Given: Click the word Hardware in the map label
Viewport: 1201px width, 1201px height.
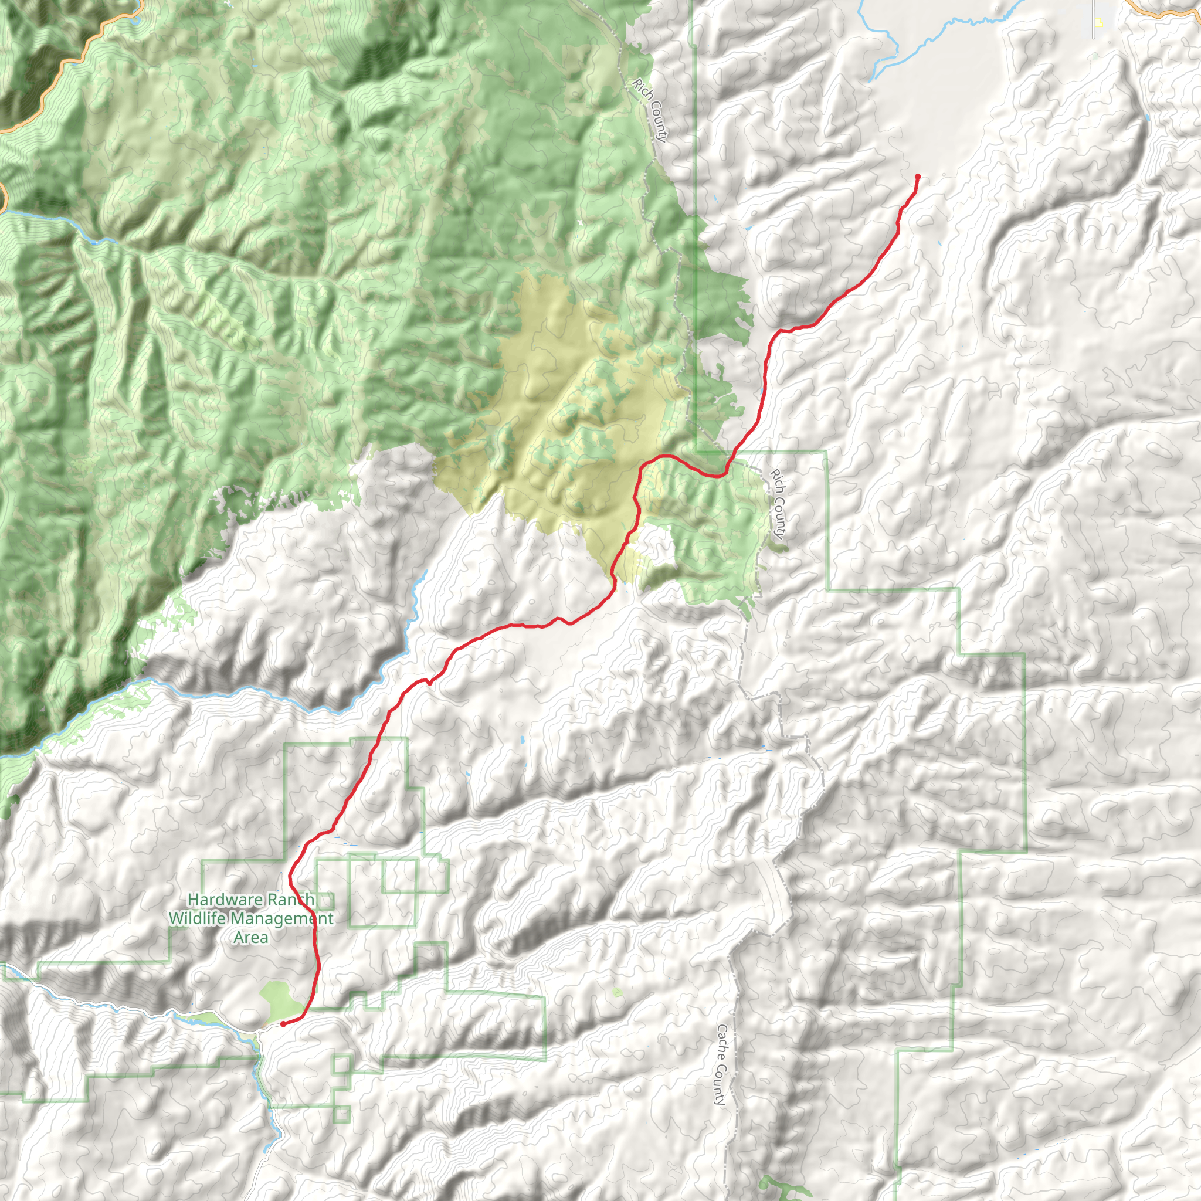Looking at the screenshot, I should pyautogui.click(x=218, y=900).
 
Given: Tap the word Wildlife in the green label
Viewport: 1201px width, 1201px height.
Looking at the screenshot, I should pyautogui.click(x=198, y=918).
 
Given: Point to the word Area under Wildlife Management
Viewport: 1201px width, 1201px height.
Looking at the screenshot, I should pyautogui.click(x=250, y=938).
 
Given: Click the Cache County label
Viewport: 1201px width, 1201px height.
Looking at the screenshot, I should pyautogui.click(x=721, y=1065).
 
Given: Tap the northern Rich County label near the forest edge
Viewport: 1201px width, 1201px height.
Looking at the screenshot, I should pyautogui.click(x=650, y=110).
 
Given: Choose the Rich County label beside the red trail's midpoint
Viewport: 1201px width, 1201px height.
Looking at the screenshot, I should pyautogui.click(x=778, y=503).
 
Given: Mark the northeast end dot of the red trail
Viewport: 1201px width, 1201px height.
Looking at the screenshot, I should pyautogui.click(x=918, y=177).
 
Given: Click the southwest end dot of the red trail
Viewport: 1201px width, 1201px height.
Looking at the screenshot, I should pyautogui.click(x=283, y=1023).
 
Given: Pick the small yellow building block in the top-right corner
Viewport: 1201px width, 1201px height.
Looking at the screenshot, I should pyautogui.click(x=1100, y=23).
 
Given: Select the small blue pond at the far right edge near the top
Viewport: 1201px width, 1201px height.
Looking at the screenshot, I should pyautogui.click(x=1147, y=116).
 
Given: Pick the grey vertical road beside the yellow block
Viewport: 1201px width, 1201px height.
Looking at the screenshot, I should pyautogui.click(x=1094, y=19).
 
